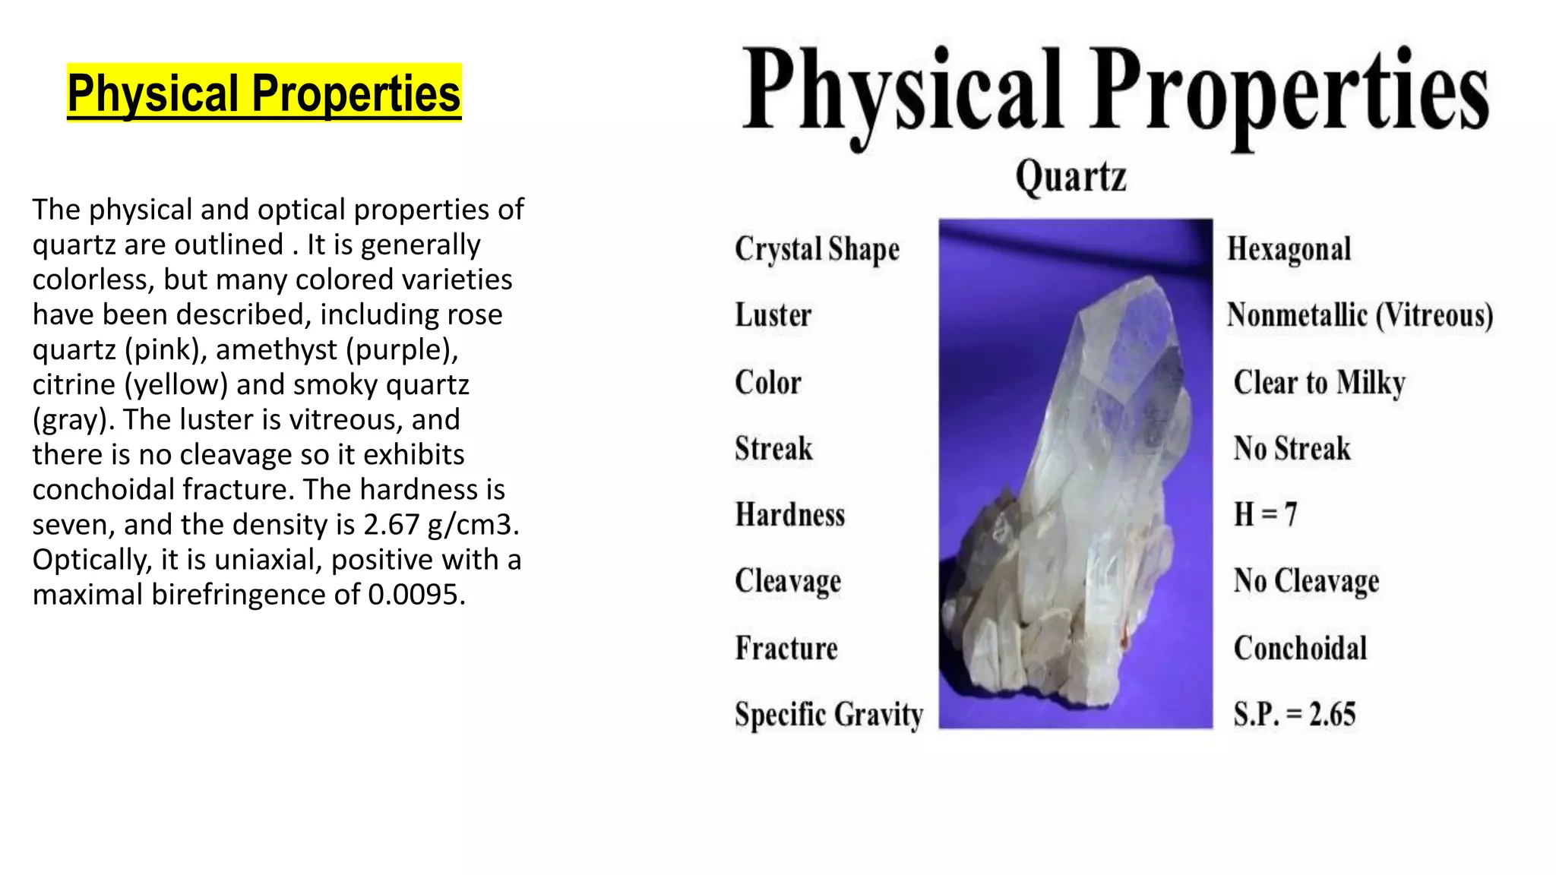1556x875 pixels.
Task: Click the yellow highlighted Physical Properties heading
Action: click(264, 93)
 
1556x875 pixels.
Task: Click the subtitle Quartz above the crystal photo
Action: click(1071, 176)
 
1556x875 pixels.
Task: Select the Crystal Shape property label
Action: click(817, 249)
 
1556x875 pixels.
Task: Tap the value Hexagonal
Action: click(1289, 249)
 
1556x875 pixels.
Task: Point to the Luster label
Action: click(773, 315)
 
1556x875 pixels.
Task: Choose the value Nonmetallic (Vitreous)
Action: click(1359, 315)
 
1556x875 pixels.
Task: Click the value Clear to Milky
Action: click(1319, 382)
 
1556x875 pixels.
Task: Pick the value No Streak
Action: click(1292, 448)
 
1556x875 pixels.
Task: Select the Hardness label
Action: click(789, 515)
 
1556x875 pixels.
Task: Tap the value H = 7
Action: click(1264, 515)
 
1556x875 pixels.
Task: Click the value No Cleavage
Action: click(1306, 581)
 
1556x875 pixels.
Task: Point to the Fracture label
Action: click(786, 648)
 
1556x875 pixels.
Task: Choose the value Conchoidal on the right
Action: click(1300, 648)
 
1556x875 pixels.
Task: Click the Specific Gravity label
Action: click(829, 715)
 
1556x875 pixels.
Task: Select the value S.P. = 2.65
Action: click(1294, 715)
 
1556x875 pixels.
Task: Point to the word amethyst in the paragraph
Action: click(276, 350)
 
